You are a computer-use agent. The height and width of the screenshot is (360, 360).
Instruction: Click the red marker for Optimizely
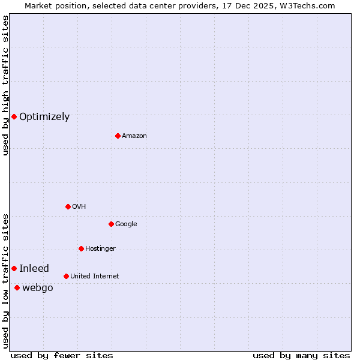[14, 116]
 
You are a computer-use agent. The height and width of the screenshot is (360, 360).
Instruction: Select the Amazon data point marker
[118, 136]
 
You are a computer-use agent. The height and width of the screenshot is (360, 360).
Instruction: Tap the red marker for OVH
[68, 206]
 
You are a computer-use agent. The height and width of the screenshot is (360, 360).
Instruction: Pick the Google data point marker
[111, 224]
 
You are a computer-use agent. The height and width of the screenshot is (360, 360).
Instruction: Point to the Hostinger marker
[81, 248]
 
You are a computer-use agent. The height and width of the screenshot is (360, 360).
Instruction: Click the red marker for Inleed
[14, 268]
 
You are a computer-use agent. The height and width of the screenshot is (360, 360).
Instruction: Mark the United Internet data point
[66, 276]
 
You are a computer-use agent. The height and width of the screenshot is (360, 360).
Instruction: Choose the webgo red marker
[17, 287]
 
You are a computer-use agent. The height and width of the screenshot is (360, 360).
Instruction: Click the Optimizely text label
[44, 117]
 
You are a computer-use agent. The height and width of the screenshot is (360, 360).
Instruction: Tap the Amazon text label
[134, 136]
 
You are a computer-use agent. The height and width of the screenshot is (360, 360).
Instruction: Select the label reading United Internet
[94, 277]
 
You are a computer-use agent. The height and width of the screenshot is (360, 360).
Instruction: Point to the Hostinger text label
[100, 249]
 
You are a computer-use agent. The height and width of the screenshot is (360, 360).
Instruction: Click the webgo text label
[38, 288]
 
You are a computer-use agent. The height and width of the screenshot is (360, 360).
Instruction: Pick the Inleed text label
[34, 269]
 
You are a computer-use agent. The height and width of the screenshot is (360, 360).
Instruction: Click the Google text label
[126, 224]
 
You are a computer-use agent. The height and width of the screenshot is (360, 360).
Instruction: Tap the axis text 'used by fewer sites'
[62, 356]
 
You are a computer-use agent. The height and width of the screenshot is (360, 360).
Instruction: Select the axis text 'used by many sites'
[301, 356]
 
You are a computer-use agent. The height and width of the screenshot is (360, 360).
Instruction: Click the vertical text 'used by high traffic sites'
[5, 85]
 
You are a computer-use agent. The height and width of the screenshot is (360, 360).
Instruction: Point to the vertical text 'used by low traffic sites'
[5, 280]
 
